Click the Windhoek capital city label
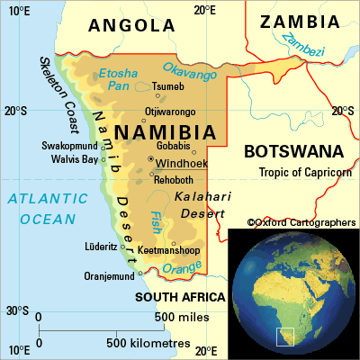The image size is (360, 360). (x=183, y=164)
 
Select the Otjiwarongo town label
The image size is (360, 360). (x=170, y=112)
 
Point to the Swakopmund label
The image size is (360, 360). (x=68, y=146)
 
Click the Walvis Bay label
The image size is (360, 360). (x=69, y=160)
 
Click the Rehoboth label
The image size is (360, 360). (x=174, y=180)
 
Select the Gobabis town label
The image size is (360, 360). (x=173, y=146)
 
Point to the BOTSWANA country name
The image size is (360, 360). (x=294, y=150)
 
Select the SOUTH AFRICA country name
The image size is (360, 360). (x=180, y=296)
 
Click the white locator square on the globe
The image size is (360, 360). (x=285, y=337)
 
